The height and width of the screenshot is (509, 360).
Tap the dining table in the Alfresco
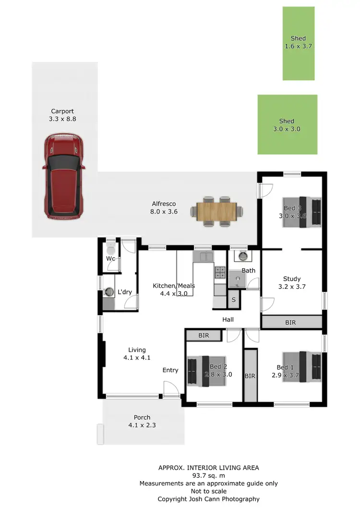click(x=217, y=211)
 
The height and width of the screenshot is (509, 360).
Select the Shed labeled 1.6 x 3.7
click(x=299, y=43)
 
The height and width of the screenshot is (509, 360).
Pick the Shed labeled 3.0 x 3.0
click(x=287, y=125)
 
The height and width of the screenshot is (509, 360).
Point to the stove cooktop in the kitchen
click(x=220, y=272)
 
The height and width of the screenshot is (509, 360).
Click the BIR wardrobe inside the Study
click(x=291, y=322)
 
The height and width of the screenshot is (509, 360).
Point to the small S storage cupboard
click(x=234, y=300)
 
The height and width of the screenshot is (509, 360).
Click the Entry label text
click(x=170, y=370)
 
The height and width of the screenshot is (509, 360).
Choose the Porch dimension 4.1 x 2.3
click(x=142, y=425)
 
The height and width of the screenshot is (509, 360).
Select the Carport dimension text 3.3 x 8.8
click(x=62, y=118)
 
